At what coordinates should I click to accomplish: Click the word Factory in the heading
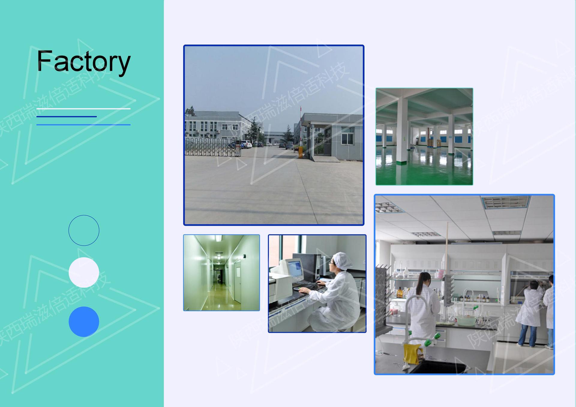(83, 62)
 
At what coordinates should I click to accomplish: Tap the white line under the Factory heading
(83, 109)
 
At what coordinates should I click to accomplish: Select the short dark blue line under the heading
(66, 116)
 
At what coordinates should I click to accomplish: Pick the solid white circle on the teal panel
(84, 272)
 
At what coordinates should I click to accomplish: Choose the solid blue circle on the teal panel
(84, 321)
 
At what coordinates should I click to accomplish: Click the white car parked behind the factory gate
(246, 144)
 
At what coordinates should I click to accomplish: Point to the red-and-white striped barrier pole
(301, 126)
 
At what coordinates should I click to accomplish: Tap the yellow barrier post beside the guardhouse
(300, 152)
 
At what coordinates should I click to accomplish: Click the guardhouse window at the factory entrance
(347, 139)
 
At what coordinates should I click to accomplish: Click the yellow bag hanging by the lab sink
(413, 354)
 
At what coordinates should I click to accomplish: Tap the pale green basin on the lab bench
(466, 320)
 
